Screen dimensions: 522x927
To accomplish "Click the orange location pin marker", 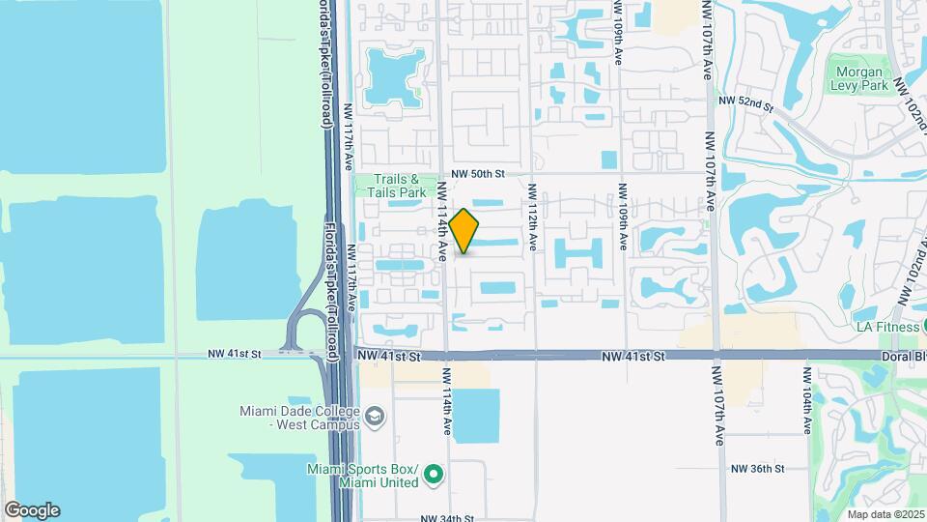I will click(463, 231).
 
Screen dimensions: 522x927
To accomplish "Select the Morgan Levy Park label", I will click(858, 77).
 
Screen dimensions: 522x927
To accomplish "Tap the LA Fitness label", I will click(886, 327).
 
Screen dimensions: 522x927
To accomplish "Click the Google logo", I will click(32, 510).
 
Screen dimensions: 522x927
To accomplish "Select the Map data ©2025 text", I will click(885, 513).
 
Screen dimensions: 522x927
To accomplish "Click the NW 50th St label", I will click(477, 173).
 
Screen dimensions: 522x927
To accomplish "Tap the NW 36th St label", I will click(756, 468).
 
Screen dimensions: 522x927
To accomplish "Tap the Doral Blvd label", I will click(906, 356).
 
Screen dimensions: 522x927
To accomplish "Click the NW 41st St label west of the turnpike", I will click(235, 355).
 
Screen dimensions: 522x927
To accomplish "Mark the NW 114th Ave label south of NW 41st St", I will click(447, 400).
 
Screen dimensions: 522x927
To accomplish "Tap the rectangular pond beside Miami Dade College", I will click(476, 416).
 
